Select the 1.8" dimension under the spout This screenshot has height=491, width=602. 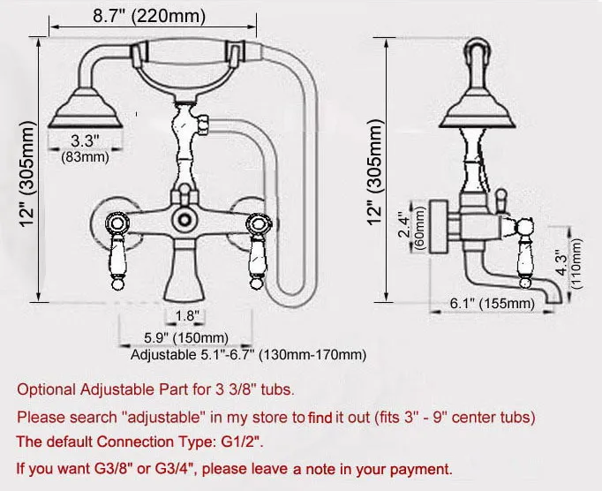point(186,315)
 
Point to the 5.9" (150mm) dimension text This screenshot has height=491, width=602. point(186,338)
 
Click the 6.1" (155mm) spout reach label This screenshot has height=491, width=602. point(492,304)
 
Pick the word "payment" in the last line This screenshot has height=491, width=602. point(420,469)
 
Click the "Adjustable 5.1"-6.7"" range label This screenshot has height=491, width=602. point(247,355)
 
